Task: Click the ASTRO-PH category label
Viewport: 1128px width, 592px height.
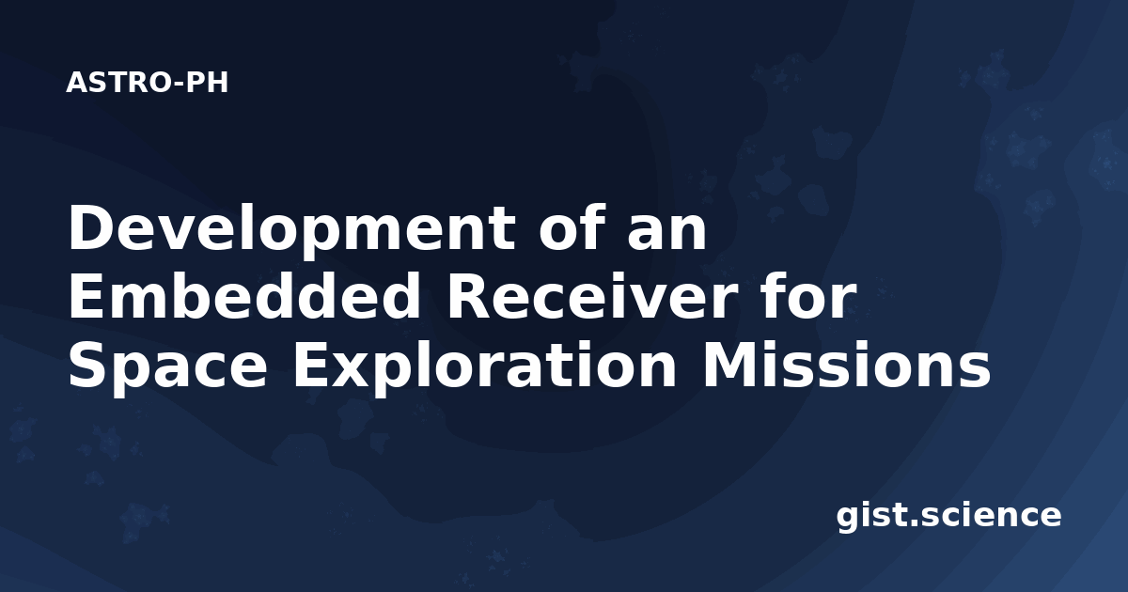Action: [x=147, y=83]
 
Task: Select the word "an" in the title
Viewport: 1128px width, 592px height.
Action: [x=667, y=235]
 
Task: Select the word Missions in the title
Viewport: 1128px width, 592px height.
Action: [x=847, y=364]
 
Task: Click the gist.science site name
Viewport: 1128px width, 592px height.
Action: [x=948, y=517]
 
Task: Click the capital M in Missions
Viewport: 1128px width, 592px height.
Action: [x=729, y=365]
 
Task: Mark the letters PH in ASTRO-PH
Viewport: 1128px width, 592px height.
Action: [x=207, y=83]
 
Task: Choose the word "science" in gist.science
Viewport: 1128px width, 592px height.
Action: [x=991, y=516]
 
